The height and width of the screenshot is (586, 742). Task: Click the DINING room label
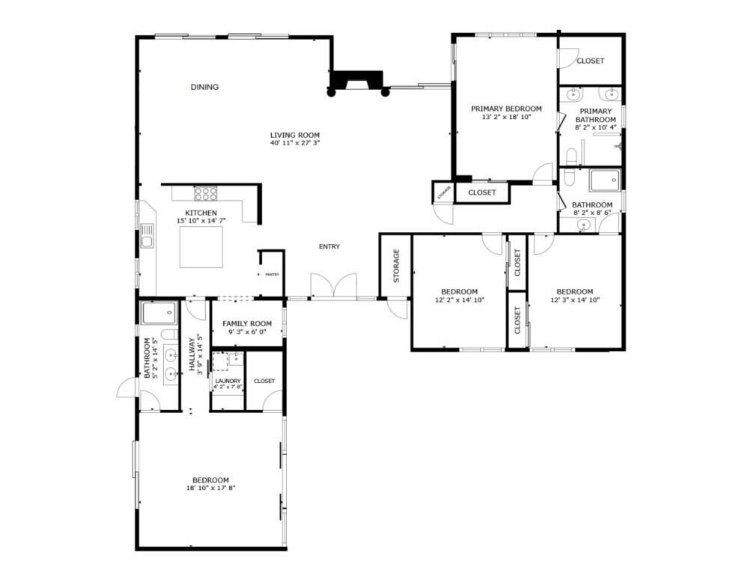(204, 87)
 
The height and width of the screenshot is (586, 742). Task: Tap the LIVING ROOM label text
(295, 135)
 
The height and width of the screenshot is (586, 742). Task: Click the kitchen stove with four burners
(206, 194)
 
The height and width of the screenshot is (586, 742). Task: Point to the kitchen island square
(201, 246)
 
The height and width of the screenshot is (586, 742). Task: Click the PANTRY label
(272, 275)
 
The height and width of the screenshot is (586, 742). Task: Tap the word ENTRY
(329, 247)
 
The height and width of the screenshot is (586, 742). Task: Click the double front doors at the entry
(334, 287)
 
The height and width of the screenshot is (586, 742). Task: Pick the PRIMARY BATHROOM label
(596, 115)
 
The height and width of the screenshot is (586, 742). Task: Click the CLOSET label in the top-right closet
(590, 61)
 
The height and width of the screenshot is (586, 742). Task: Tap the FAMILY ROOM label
(247, 323)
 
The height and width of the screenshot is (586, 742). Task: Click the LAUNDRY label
(228, 381)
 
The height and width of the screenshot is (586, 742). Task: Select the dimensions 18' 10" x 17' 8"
(210, 488)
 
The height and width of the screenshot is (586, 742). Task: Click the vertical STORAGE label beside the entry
(396, 266)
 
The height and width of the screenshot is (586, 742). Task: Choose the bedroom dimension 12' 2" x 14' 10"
(459, 299)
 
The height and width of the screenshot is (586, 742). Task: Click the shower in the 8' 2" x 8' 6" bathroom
(604, 180)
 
